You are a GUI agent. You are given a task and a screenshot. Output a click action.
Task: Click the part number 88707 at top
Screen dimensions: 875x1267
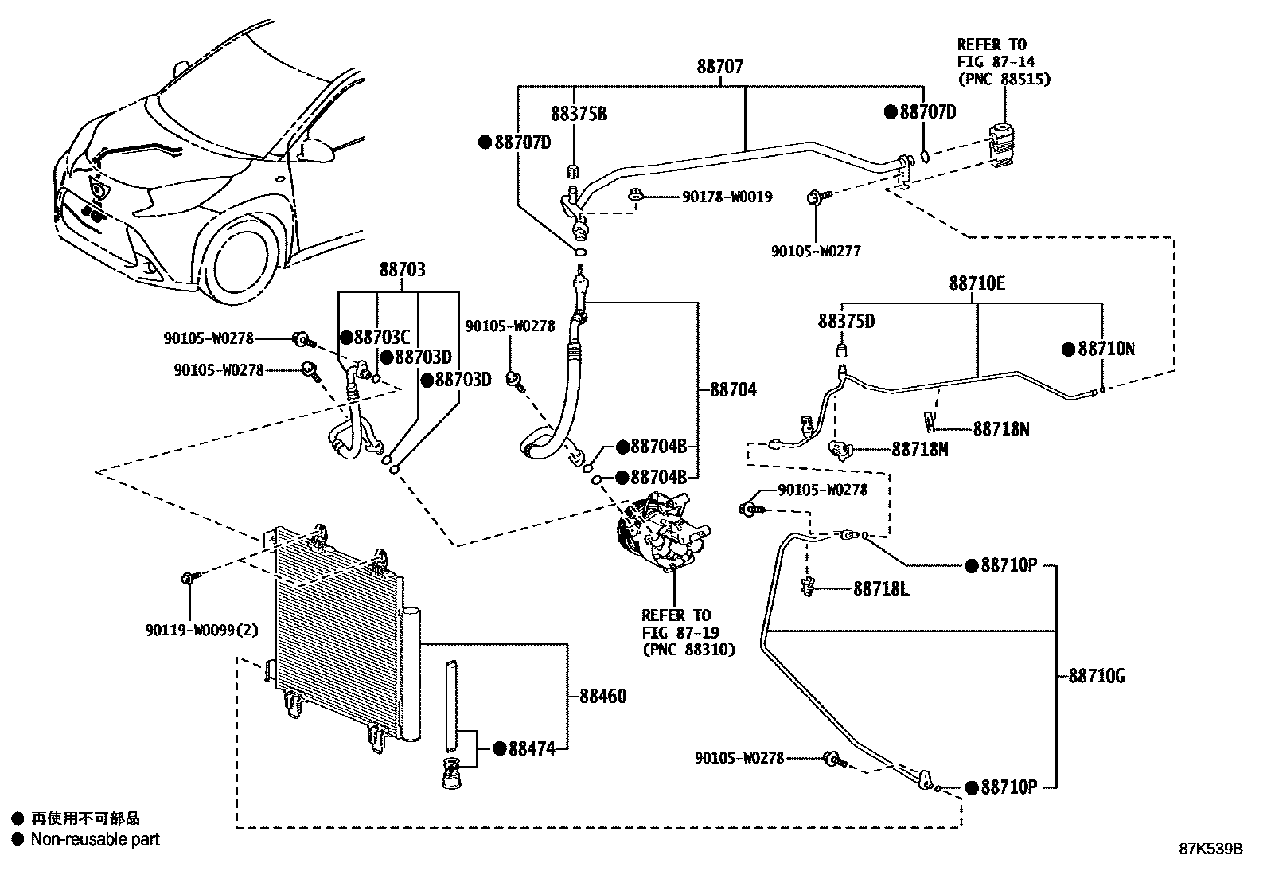pos(720,67)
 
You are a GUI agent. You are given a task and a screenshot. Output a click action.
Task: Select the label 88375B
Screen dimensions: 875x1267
pos(579,115)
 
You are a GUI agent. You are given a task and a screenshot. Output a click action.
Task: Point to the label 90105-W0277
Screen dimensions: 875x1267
pos(816,251)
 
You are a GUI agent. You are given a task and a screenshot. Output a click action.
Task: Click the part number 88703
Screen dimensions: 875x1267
pos(402,270)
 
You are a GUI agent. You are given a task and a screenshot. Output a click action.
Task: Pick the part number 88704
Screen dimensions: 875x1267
pos(733,390)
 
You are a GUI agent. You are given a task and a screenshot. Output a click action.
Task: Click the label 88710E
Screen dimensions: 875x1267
pos(977,283)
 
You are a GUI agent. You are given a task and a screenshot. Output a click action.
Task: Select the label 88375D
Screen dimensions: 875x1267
pos(846,321)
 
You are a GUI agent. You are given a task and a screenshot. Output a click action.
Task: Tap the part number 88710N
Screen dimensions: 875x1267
pos(1105,350)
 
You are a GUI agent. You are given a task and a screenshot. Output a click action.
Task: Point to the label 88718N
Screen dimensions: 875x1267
pos(1000,429)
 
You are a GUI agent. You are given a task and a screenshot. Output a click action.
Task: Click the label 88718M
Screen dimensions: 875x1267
pos(919,450)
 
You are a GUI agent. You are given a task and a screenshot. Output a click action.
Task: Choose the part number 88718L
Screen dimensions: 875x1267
pos(881,589)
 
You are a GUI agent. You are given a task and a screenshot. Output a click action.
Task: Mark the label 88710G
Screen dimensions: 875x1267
pos(1096,677)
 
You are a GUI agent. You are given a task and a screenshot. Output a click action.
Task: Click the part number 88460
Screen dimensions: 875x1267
pos(602,697)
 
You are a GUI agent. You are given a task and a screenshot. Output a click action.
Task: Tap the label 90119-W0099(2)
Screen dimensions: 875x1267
pos(202,630)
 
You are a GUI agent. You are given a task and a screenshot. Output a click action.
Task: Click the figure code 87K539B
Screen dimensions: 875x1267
pos(1210,849)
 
